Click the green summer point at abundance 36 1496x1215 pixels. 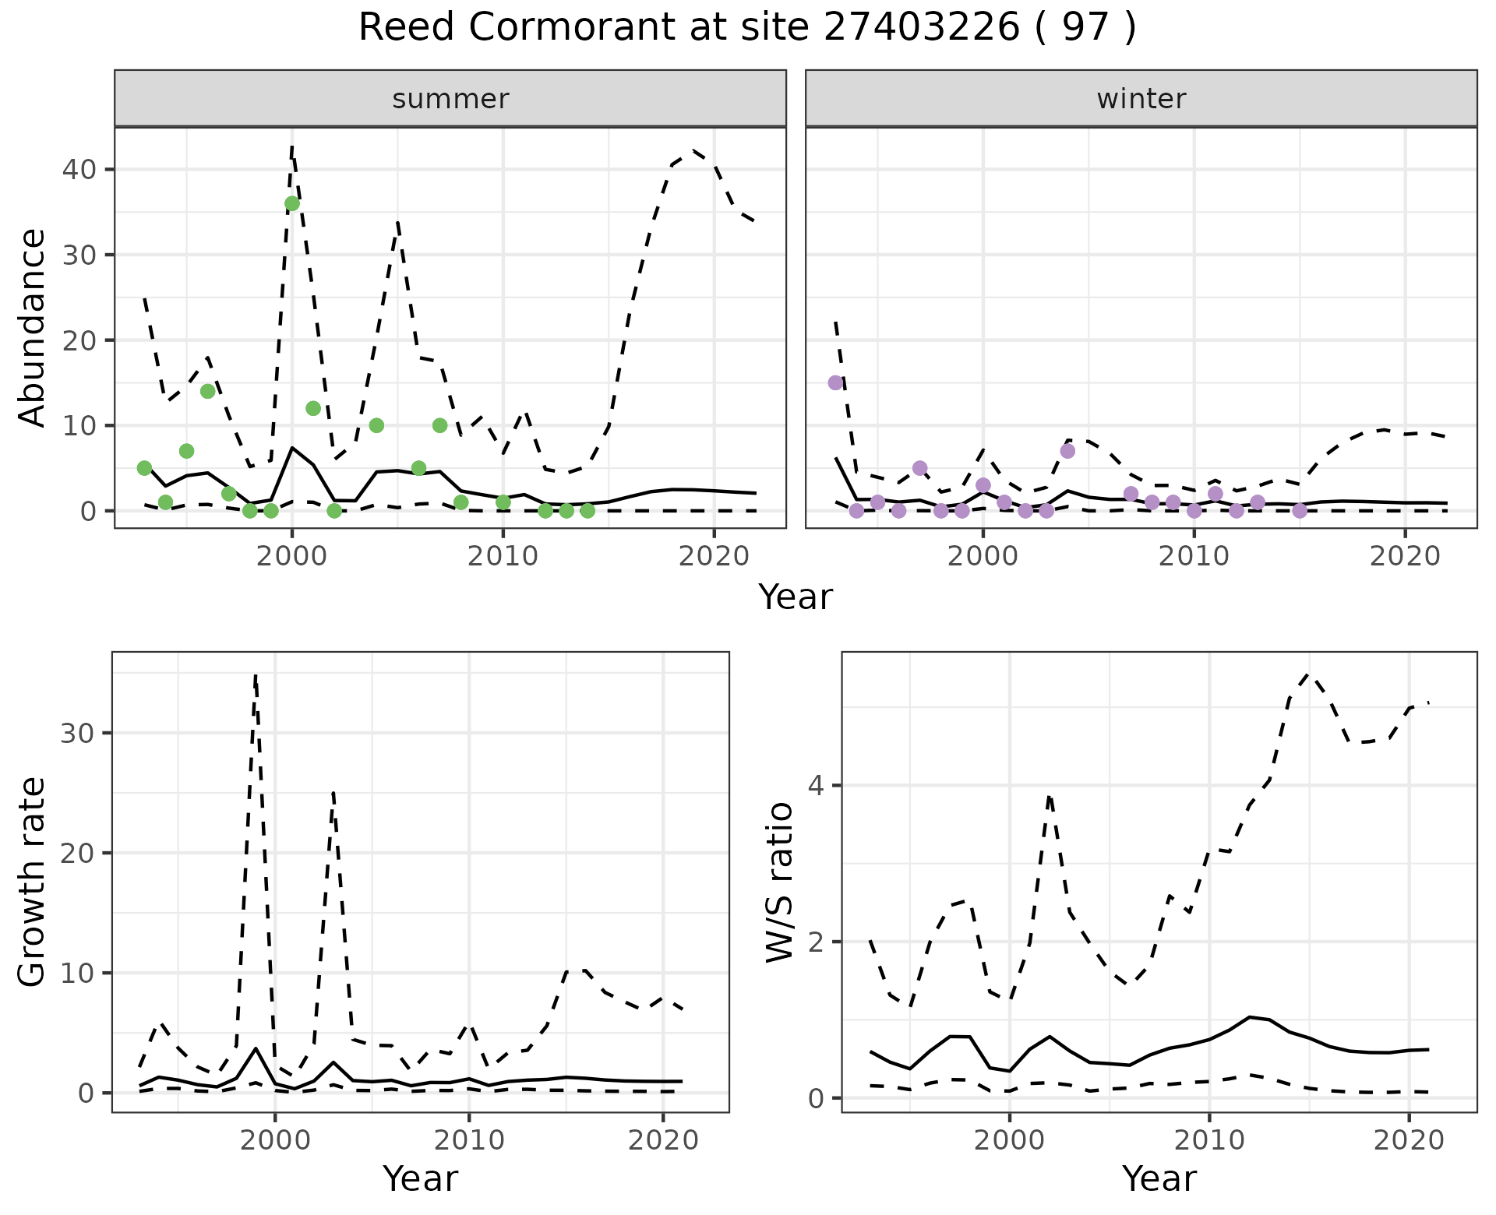(x=292, y=204)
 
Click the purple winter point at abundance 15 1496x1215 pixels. (x=835, y=383)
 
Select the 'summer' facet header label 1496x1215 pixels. (x=450, y=99)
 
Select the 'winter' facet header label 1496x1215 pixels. (x=1141, y=99)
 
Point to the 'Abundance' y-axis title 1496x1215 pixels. (x=32, y=327)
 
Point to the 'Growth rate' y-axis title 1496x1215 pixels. (x=32, y=882)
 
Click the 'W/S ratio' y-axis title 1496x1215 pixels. (x=779, y=882)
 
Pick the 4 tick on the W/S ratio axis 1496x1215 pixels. (x=816, y=785)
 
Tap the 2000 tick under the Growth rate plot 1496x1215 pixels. (x=274, y=1140)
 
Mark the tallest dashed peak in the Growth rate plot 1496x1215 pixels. (x=256, y=676)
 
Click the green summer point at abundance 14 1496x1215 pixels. (x=208, y=391)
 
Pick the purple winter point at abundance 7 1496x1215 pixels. (x=1067, y=451)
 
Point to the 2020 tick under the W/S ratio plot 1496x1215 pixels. (x=1409, y=1140)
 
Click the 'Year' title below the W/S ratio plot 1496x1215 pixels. (x=1159, y=1179)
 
